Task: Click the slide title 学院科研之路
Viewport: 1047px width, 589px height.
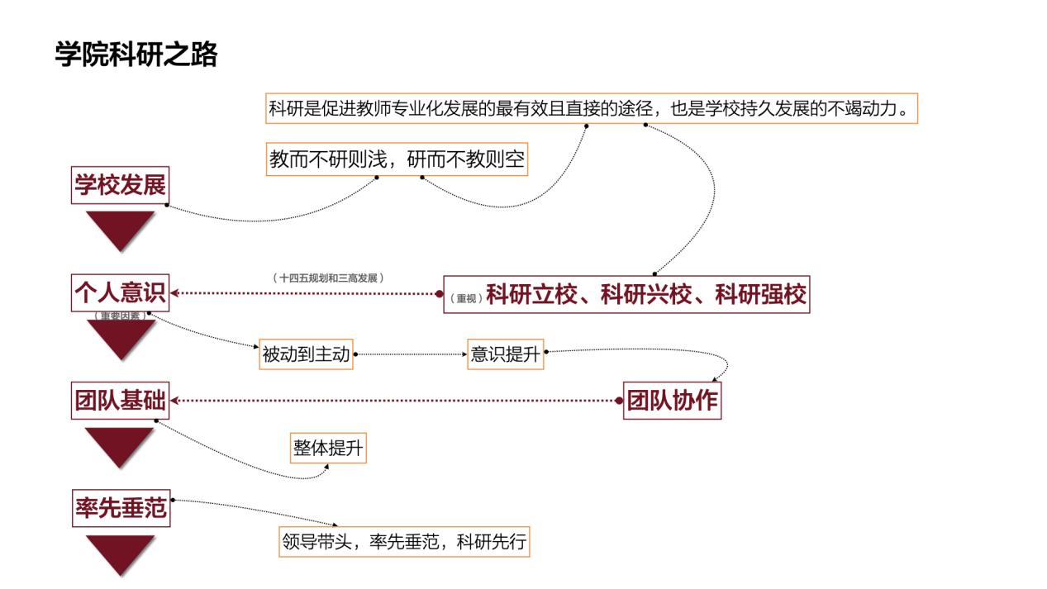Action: point(136,55)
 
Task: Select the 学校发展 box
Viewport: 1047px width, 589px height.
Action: point(121,185)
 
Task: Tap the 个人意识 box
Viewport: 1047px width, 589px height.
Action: point(121,292)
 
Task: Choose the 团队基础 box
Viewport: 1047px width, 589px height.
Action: point(121,401)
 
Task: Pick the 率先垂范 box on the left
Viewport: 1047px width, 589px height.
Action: point(121,509)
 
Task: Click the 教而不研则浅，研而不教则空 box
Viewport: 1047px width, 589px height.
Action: point(397,159)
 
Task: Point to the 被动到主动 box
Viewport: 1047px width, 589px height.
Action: point(307,356)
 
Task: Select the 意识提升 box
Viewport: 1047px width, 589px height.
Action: point(505,354)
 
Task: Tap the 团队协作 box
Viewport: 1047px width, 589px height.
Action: point(673,401)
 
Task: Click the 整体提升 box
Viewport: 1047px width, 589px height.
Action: point(328,449)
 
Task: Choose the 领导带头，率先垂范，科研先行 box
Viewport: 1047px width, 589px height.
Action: point(403,543)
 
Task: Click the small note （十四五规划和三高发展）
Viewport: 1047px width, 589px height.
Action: point(328,278)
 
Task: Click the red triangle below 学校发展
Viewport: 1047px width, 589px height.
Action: point(121,228)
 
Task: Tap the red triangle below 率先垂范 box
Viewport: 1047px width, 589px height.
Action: point(121,553)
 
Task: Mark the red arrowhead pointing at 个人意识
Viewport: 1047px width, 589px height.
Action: point(174,293)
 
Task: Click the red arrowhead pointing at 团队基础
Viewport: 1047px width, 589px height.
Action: point(174,401)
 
